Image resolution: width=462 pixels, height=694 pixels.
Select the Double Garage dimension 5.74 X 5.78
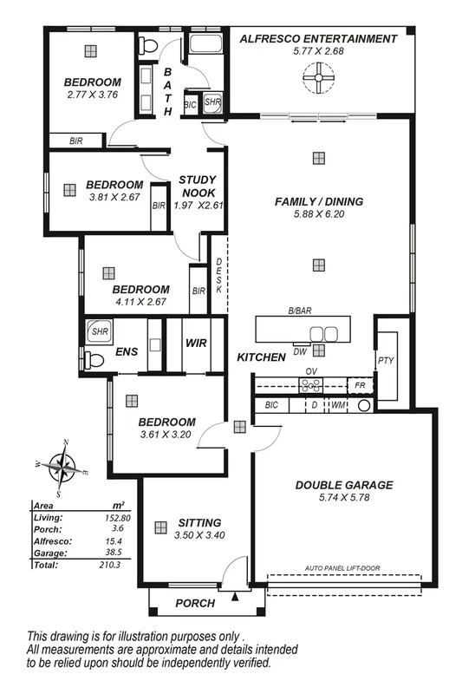pyautogui.click(x=343, y=499)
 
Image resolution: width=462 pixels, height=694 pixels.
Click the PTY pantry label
pyautogui.click(x=385, y=359)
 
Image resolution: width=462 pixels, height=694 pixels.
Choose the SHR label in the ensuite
pyautogui.click(x=95, y=330)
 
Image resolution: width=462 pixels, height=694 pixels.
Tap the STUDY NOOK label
pyautogui.click(x=198, y=186)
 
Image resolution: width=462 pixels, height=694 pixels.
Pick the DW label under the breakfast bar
pyautogui.click(x=299, y=351)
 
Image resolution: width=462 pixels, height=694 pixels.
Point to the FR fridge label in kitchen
pyautogui.click(x=359, y=383)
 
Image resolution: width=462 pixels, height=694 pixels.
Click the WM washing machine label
pyautogui.click(x=337, y=405)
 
